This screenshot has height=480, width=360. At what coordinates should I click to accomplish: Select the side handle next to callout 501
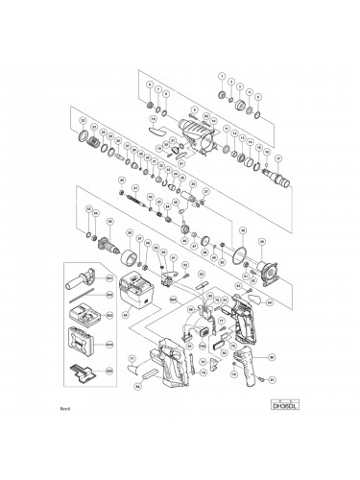(81, 282)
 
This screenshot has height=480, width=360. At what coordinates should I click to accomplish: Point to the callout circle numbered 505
(108, 370)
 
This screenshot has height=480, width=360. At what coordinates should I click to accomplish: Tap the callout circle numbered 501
(108, 278)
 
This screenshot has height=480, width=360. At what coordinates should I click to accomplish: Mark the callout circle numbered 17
(278, 157)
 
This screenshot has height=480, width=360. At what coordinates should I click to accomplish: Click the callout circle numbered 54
(136, 386)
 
